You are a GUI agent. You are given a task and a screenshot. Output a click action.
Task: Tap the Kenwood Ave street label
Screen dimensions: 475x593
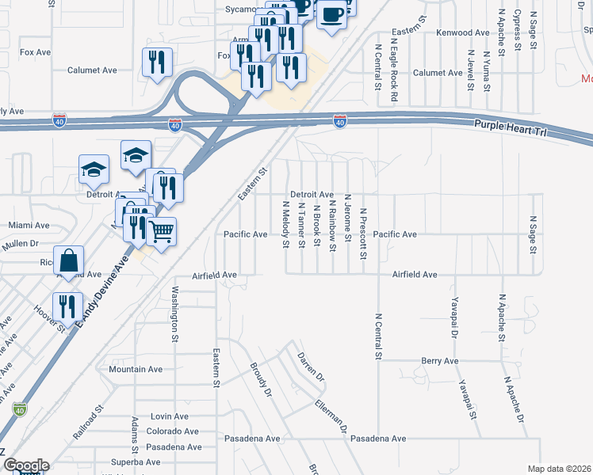pos(464,32)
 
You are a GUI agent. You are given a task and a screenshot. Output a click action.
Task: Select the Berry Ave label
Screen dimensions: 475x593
pos(441,361)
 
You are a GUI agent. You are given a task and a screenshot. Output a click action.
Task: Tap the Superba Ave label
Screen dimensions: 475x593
pos(136,462)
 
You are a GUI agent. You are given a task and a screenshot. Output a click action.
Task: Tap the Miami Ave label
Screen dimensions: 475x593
pos(29,226)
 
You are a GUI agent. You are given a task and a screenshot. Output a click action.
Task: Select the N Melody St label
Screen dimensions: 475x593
pos(285,224)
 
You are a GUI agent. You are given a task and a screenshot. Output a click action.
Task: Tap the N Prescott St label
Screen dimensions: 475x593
pos(362,234)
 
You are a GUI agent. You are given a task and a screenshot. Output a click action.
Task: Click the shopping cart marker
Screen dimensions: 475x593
pos(161,231)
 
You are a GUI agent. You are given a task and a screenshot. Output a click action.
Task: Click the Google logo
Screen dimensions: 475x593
pos(25,465)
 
